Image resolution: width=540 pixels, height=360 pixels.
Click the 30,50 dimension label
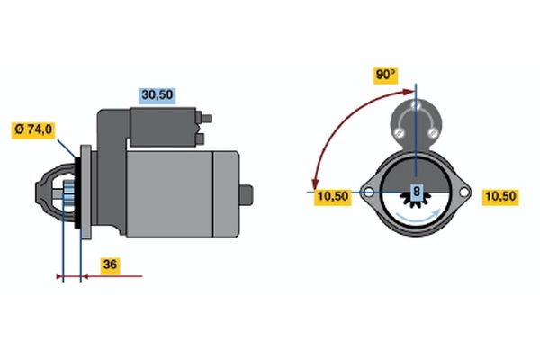(x=157, y=94)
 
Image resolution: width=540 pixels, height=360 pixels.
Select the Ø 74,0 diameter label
(x=33, y=130)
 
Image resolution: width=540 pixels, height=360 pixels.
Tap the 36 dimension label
(x=110, y=265)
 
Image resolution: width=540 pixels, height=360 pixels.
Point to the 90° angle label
(x=386, y=75)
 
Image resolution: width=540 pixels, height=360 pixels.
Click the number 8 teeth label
(x=417, y=191)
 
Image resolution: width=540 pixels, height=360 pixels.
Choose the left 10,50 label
(x=333, y=197)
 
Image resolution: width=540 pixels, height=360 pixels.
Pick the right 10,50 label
(x=500, y=197)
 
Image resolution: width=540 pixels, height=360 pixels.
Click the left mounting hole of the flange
(x=368, y=192)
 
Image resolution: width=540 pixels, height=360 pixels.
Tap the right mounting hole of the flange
(x=463, y=192)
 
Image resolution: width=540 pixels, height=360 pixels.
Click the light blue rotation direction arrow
(x=418, y=219)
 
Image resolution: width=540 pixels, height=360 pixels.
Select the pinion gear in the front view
(x=416, y=199)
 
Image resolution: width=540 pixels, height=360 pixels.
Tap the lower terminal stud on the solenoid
(x=201, y=139)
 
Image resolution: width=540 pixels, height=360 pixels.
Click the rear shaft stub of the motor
(x=247, y=195)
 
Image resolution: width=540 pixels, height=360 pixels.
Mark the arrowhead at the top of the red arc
(x=409, y=92)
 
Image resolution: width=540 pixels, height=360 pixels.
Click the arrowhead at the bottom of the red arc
(x=315, y=185)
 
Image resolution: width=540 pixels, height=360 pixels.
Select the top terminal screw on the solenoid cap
(x=416, y=104)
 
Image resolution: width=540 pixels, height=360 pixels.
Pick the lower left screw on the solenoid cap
(x=399, y=132)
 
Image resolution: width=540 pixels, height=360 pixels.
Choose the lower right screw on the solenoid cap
(x=432, y=132)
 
